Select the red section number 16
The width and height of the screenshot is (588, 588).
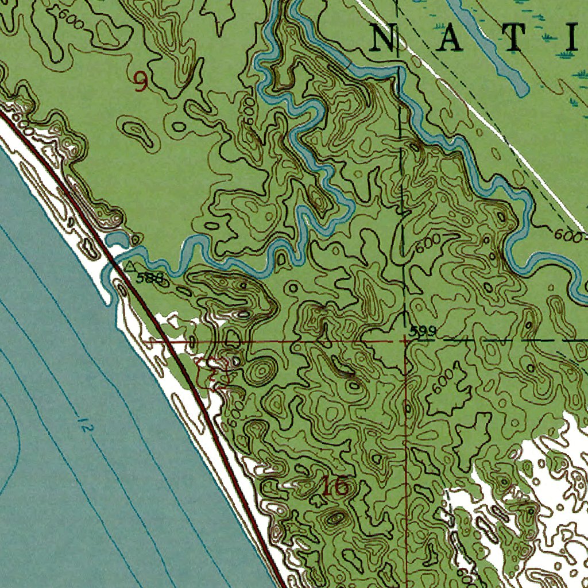tap(335, 486)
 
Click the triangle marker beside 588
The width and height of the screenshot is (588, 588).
tap(131, 266)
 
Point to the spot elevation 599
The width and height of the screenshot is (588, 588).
tap(423, 331)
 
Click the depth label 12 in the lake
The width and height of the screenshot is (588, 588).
tap(84, 427)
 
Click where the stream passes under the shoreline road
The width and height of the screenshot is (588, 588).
tap(114, 266)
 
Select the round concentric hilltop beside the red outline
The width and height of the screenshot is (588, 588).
tap(261, 371)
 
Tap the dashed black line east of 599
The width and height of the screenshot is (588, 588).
tap(505, 340)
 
